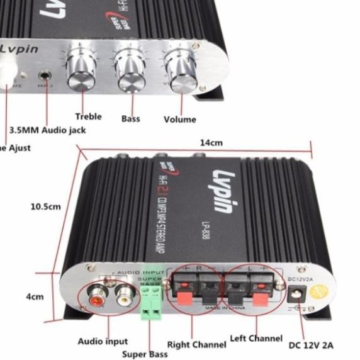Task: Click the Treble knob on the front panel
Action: coord(82,74)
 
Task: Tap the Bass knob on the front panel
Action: coord(131,73)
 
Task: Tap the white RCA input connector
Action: coord(122,293)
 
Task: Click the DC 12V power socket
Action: coord(296,293)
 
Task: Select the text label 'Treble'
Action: coord(88,116)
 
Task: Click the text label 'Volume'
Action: coord(179,120)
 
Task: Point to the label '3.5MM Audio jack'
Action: coord(47,131)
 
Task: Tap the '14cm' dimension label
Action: coord(211,143)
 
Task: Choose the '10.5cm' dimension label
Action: coord(46,206)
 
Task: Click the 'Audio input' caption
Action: coord(103,342)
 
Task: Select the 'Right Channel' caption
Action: coord(196,345)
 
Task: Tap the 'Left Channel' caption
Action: coord(256,339)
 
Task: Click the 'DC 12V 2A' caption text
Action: coord(311,345)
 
